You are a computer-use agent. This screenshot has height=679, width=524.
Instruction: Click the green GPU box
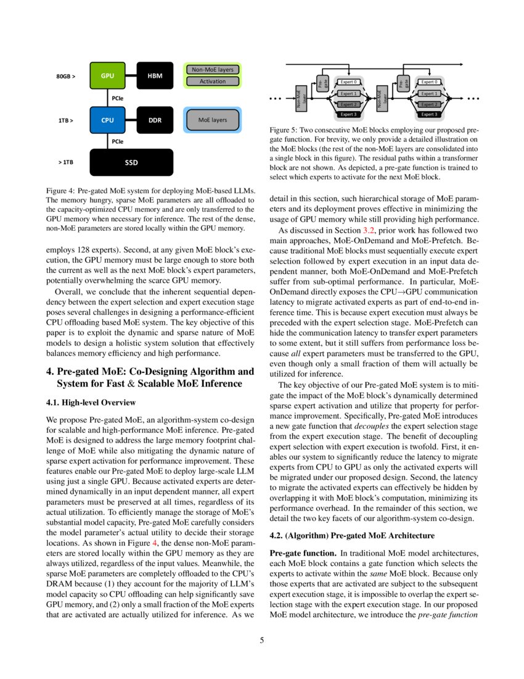coord(108,76)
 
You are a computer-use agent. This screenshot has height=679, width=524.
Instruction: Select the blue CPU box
coord(108,120)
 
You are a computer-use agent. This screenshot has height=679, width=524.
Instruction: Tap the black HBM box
coord(155,76)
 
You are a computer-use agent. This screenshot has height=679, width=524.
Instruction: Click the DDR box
coord(155,120)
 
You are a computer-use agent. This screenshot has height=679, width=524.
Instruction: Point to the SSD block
coord(131,162)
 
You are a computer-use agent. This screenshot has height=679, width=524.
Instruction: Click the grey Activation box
coord(213,81)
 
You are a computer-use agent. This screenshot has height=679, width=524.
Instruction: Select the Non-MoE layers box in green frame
coord(213,70)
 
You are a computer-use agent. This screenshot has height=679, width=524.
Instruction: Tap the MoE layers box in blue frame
coord(213,120)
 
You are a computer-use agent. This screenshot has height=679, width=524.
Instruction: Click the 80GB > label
coord(66,77)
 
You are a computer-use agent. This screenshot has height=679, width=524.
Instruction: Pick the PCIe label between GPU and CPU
coord(117,98)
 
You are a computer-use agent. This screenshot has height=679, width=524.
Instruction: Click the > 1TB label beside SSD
coord(66,162)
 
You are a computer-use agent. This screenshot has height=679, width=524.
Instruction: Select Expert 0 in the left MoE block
coord(348,81)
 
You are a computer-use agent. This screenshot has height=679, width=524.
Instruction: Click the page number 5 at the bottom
coord(261,640)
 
